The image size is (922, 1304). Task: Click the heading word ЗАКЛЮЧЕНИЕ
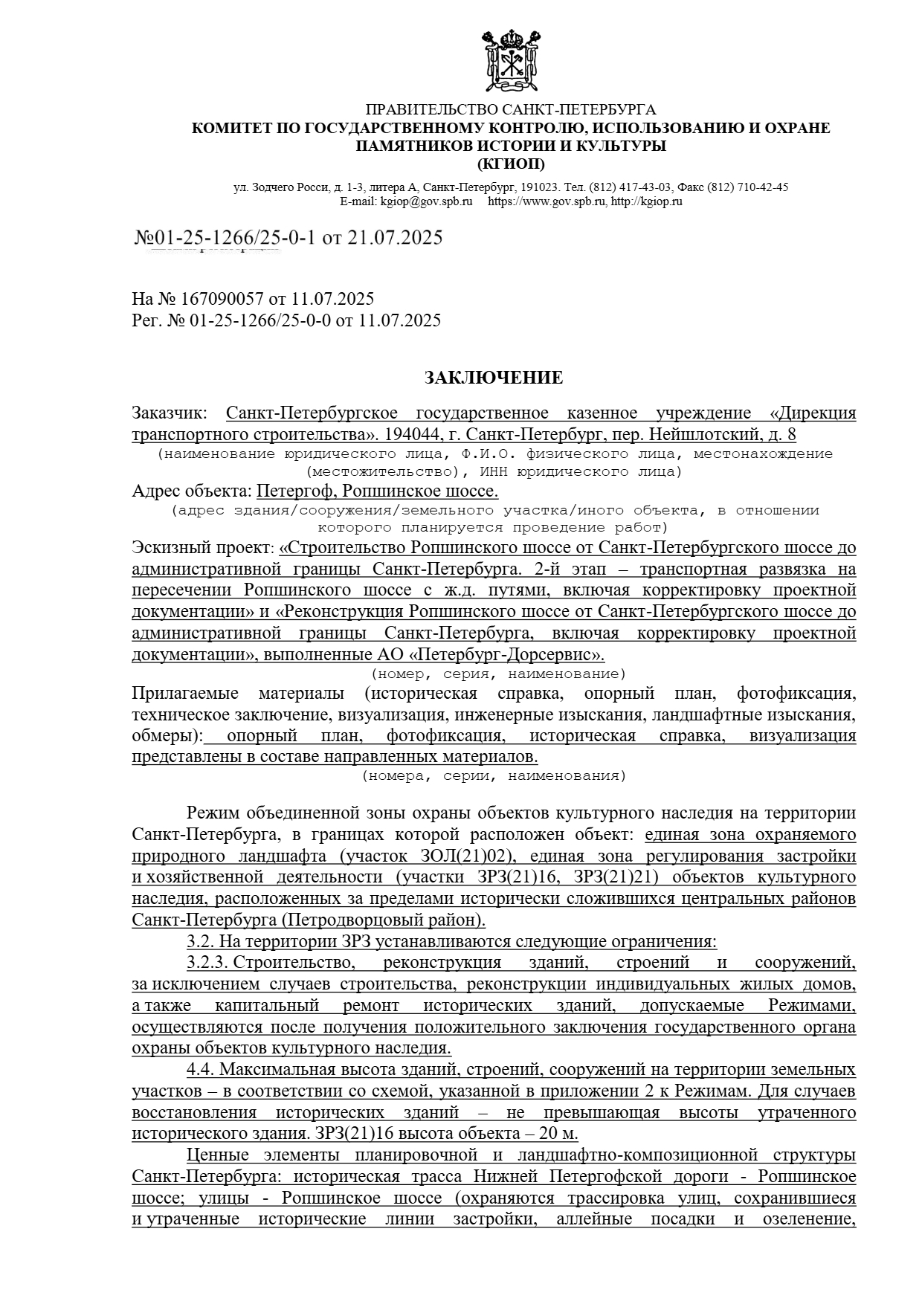pyautogui.click(x=493, y=378)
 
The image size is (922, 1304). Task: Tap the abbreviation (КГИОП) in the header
pyautogui.click(x=511, y=164)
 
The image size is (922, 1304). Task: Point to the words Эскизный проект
pyautogui.click(x=202, y=548)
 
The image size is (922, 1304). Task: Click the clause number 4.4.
pyautogui.click(x=200, y=1070)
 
